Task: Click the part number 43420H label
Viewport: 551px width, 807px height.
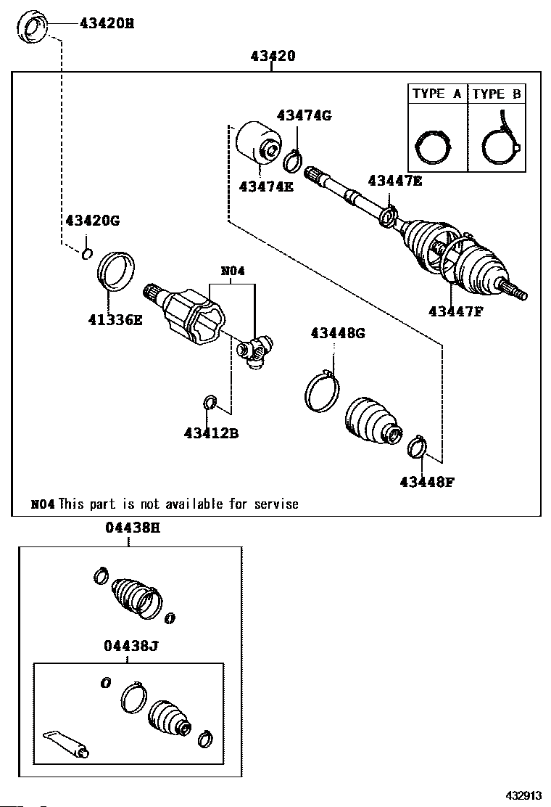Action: pos(107,23)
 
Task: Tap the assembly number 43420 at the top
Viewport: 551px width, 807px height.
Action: pos(273,55)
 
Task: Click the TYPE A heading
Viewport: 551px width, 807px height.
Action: pos(436,94)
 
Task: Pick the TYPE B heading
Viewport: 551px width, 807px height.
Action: pos(496,94)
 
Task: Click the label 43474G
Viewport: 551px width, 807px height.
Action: pos(304,115)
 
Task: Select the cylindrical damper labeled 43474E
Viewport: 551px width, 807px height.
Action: pos(260,144)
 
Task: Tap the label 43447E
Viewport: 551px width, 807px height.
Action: pos(394,181)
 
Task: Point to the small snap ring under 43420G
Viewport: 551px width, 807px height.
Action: pos(86,253)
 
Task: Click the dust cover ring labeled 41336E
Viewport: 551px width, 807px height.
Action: pos(115,270)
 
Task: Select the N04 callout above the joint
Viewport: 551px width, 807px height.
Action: pos(233,272)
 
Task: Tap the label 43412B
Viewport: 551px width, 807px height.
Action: pos(211,433)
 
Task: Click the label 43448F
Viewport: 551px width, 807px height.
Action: pos(426,480)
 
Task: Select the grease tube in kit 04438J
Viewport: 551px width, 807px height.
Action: pos(65,744)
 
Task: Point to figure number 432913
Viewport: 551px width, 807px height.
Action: pos(523,795)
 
